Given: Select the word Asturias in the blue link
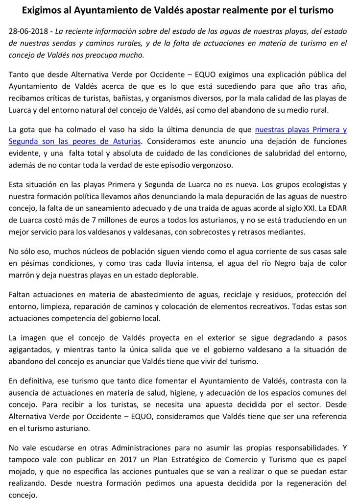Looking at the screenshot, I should [125, 141].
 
